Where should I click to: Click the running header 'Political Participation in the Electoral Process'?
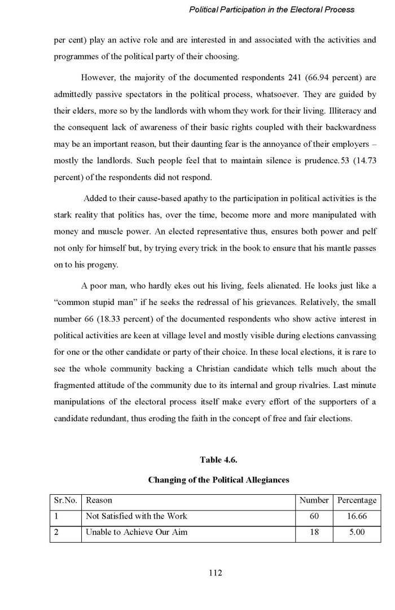pos(272,10)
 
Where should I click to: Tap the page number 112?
pos(216,573)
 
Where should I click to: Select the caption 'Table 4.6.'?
pos(218,459)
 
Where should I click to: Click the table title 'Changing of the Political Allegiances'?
pos(218,480)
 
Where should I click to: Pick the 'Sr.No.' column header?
pos(65,500)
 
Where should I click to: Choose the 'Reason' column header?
pos(99,500)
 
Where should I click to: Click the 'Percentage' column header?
pos(357,500)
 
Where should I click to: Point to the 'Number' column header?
pos(314,500)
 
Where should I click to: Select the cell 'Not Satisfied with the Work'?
pos(136,516)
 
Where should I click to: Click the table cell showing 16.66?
pos(357,516)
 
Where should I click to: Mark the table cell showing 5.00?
pos(357,532)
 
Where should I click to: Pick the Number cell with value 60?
pos(314,516)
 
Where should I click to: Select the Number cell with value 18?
pos(314,532)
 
